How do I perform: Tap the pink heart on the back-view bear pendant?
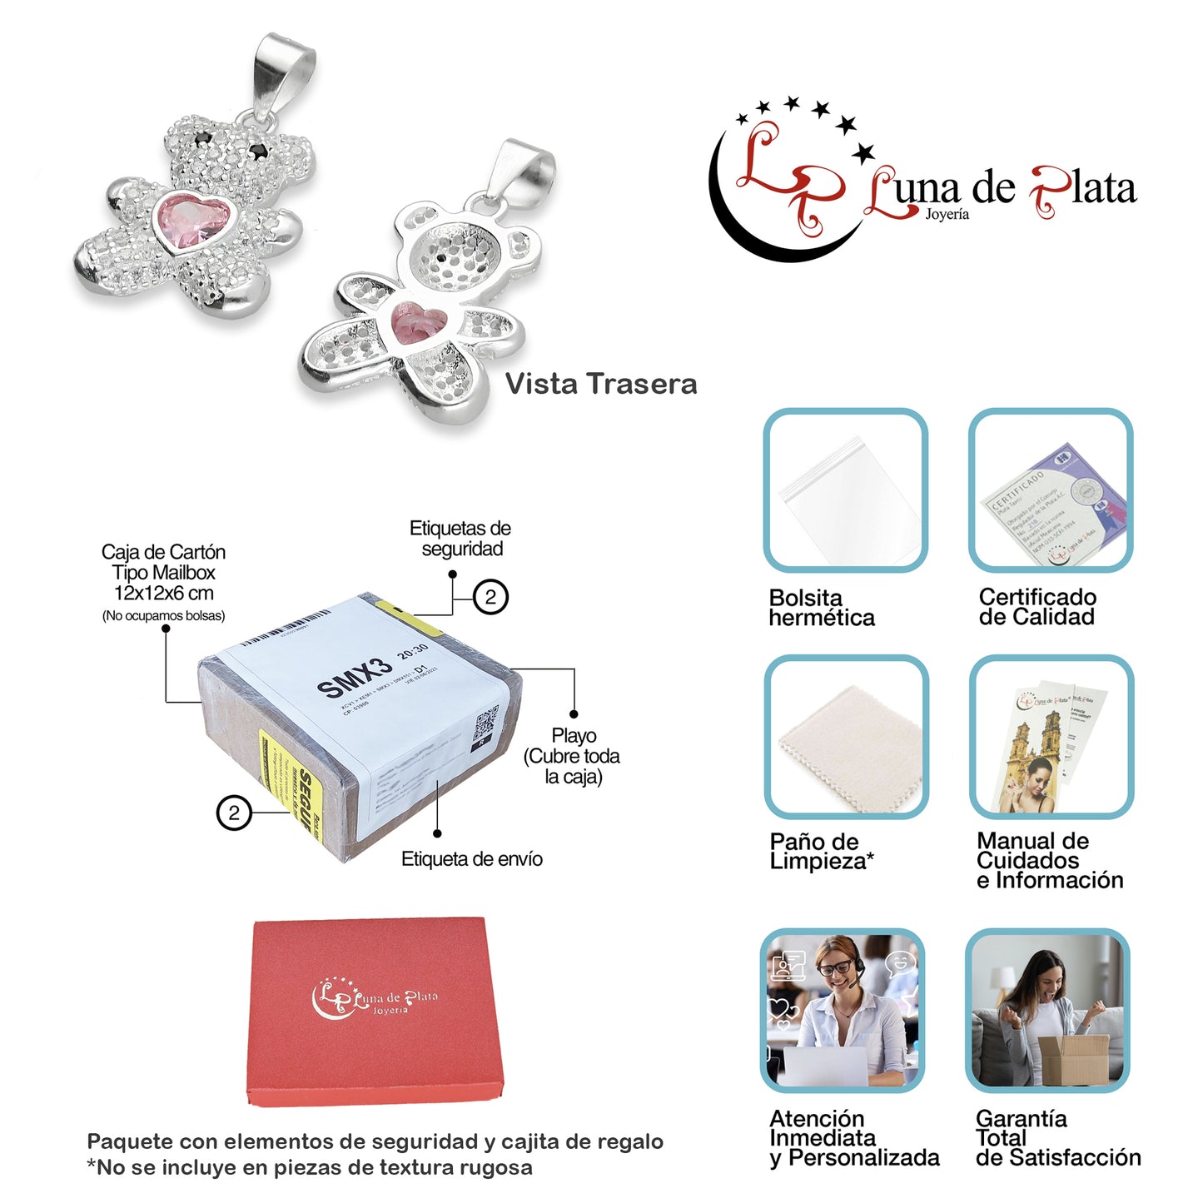click(420, 323)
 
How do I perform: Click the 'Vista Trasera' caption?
click(601, 384)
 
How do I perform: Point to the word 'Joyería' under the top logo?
click(947, 215)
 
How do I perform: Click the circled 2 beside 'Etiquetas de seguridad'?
click(490, 597)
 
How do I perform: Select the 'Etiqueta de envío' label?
click(471, 859)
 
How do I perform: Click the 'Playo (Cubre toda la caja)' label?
click(572, 756)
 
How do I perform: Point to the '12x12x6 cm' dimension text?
click(164, 594)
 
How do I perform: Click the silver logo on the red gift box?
click(374, 997)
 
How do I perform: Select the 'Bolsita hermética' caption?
click(822, 608)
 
